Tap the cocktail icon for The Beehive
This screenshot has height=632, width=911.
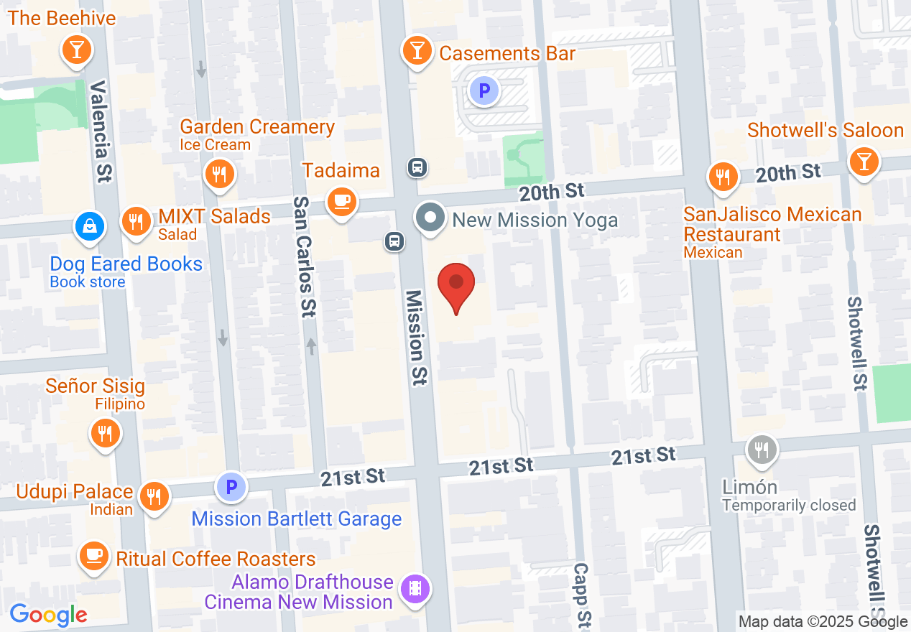coord(77,50)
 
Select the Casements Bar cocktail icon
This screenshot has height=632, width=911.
coord(417,50)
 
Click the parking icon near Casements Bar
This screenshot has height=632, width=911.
coord(484,90)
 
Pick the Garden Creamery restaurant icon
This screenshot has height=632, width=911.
coord(218,174)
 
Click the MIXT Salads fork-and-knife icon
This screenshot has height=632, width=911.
coord(135,220)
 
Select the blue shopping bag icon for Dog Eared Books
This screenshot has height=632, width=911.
coord(90,227)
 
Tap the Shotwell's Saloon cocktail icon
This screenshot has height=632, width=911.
coord(863,162)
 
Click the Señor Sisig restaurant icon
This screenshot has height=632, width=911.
coord(105,432)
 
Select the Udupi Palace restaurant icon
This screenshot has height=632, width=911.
coord(153,495)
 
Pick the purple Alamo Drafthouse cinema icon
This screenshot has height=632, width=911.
coord(415,590)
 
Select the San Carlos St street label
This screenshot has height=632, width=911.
coord(304,257)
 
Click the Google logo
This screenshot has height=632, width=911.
coord(48,615)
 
